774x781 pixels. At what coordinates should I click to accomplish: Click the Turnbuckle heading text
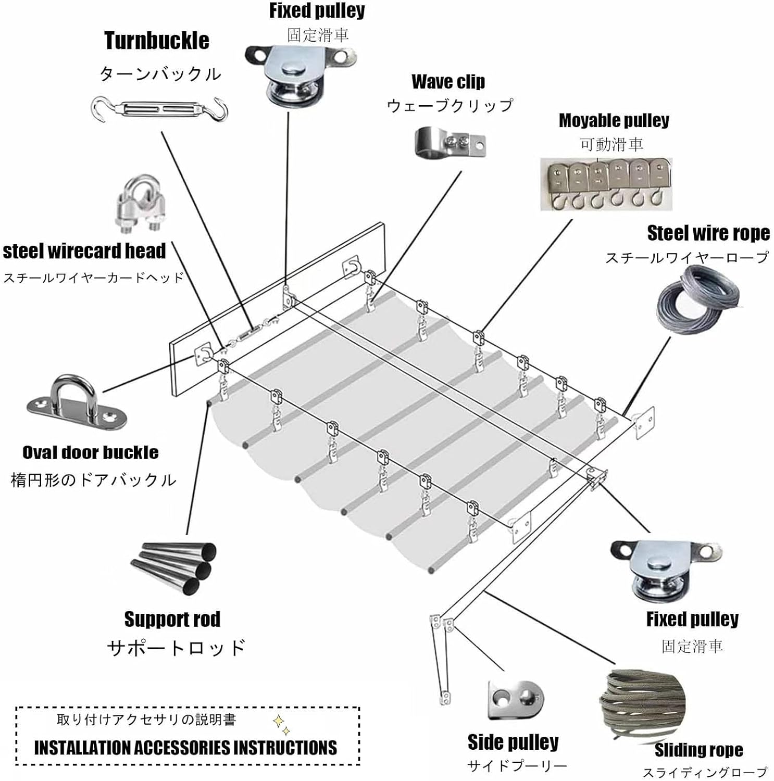click(157, 41)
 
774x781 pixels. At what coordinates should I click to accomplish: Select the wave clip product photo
click(450, 142)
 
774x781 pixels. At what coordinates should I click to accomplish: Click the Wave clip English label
click(448, 82)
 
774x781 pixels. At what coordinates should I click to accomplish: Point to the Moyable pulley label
click(614, 120)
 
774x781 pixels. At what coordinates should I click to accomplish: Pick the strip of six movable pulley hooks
click(606, 184)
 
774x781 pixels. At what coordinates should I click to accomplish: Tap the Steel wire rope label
click(708, 233)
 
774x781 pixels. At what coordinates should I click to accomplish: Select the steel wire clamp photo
click(138, 205)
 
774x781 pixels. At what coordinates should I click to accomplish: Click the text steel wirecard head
click(84, 251)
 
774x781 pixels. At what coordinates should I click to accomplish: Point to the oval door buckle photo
click(76, 402)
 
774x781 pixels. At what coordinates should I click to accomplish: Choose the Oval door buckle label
click(90, 452)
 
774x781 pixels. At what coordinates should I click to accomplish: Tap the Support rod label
click(172, 619)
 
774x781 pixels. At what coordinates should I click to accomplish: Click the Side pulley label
click(513, 742)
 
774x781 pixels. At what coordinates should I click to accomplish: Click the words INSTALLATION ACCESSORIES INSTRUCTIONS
click(185, 748)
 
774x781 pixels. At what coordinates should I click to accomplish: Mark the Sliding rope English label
click(698, 750)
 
